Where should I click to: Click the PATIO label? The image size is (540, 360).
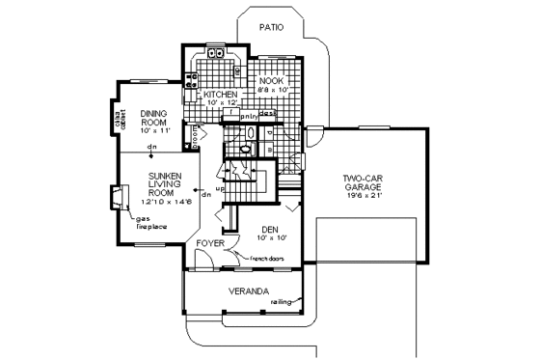[x=271, y=28]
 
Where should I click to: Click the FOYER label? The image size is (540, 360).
[x=209, y=244]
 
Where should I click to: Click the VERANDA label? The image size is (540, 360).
[x=248, y=291]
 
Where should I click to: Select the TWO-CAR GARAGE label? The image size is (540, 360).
[x=364, y=184]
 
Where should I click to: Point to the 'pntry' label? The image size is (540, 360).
[x=234, y=114]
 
